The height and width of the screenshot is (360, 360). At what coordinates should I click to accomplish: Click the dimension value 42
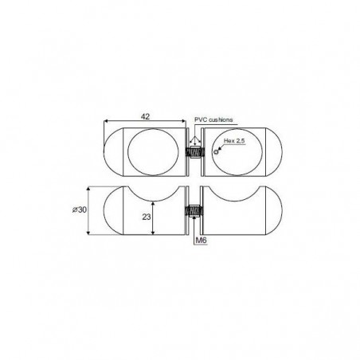(145, 116)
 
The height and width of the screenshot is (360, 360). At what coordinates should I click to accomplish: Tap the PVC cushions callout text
(213, 119)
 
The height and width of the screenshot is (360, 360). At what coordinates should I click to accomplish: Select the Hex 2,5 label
(234, 141)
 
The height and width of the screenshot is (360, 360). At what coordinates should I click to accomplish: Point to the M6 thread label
(201, 241)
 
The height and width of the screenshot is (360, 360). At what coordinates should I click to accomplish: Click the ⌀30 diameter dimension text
(80, 209)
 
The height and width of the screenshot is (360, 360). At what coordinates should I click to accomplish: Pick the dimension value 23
(147, 217)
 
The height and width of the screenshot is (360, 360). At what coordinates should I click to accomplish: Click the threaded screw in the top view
(195, 152)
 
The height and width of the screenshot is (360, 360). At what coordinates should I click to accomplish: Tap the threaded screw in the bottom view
(194, 211)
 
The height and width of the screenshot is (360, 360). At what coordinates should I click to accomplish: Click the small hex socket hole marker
(217, 152)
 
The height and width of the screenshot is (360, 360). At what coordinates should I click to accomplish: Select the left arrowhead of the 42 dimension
(106, 121)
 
